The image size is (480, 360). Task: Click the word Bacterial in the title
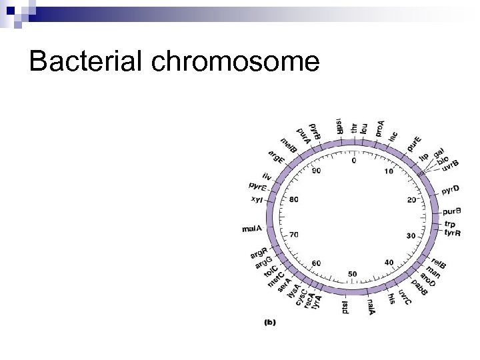click(x=88, y=61)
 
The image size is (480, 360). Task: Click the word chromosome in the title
click(x=236, y=62)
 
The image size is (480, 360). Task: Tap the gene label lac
click(x=393, y=136)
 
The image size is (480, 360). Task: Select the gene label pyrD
click(x=451, y=191)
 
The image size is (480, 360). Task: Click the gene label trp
click(x=449, y=224)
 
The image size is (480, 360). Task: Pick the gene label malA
click(x=252, y=229)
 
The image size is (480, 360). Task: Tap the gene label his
click(x=391, y=301)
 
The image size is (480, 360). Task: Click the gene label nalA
click(x=371, y=308)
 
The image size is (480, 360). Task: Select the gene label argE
click(x=277, y=158)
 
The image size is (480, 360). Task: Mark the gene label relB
click(x=439, y=263)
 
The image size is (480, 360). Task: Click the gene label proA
click(x=380, y=128)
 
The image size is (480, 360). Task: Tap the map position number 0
click(x=353, y=160)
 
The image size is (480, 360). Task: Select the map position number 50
click(x=352, y=273)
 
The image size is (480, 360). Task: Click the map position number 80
click(x=293, y=199)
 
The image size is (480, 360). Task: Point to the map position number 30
click(x=411, y=235)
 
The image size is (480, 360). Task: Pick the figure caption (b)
click(x=270, y=322)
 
